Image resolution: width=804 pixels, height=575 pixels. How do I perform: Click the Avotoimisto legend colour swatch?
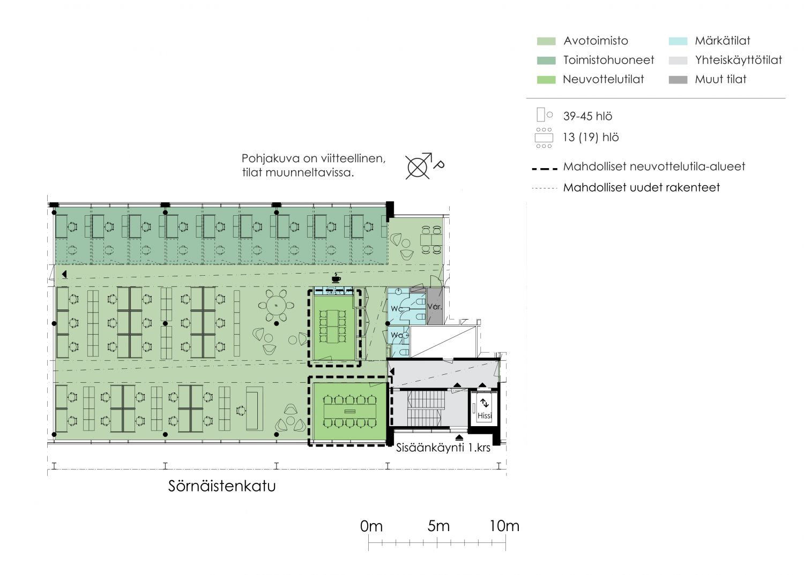(x=546, y=41)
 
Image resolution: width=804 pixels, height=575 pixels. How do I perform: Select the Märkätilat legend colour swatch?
(x=678, y=41)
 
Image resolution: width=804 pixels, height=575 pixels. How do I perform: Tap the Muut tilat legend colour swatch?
(x=678, y=80)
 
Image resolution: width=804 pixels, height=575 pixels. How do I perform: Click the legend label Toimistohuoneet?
(x=608, y=60)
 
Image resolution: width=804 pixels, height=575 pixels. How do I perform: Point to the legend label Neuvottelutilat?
(x=604, y=79)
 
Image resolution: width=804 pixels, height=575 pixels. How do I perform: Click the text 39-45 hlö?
(x=587, y=116)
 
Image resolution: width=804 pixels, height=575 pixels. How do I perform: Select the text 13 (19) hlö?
(x=591, y=137)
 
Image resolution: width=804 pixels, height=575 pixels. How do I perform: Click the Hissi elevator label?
(x=485, y=415)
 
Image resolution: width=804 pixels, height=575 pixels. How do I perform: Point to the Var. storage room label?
(x=434, y=307)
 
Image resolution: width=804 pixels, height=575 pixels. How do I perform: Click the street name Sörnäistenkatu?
(x=222, y=486)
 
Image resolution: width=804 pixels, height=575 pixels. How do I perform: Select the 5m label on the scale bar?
(x=438, y=526)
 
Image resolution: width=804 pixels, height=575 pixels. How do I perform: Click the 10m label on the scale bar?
(x=504, y=526)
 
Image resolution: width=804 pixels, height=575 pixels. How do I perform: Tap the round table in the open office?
(x=276, y=306)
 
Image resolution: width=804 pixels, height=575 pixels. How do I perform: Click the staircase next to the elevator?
(x=424, y=408)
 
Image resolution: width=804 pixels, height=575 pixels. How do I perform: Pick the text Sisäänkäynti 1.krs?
(x=443, y=448)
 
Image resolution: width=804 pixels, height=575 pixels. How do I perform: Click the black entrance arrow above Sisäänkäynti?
(x=459, y=437)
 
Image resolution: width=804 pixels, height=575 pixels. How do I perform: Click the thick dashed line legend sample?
(x=545, y=168)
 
